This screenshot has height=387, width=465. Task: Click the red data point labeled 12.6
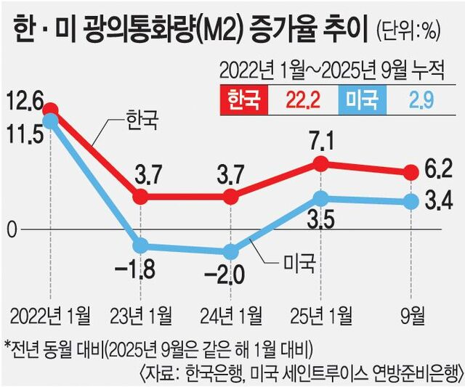click(x=50, y=110)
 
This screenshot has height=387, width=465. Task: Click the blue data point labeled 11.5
click(x=50, y=121)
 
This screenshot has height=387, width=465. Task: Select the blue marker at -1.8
click(x=141, y=246)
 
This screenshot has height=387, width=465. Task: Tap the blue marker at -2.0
click(x=231, y=252)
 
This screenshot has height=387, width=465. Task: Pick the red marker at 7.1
click(x=320, y=164)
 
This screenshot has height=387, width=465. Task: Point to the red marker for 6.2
click(x=411, y=172)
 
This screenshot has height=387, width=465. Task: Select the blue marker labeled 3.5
click(x=320, y=197)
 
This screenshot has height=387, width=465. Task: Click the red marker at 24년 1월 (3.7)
click(x=231, y=196)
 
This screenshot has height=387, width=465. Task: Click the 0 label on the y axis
click(x=10, y=230)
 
